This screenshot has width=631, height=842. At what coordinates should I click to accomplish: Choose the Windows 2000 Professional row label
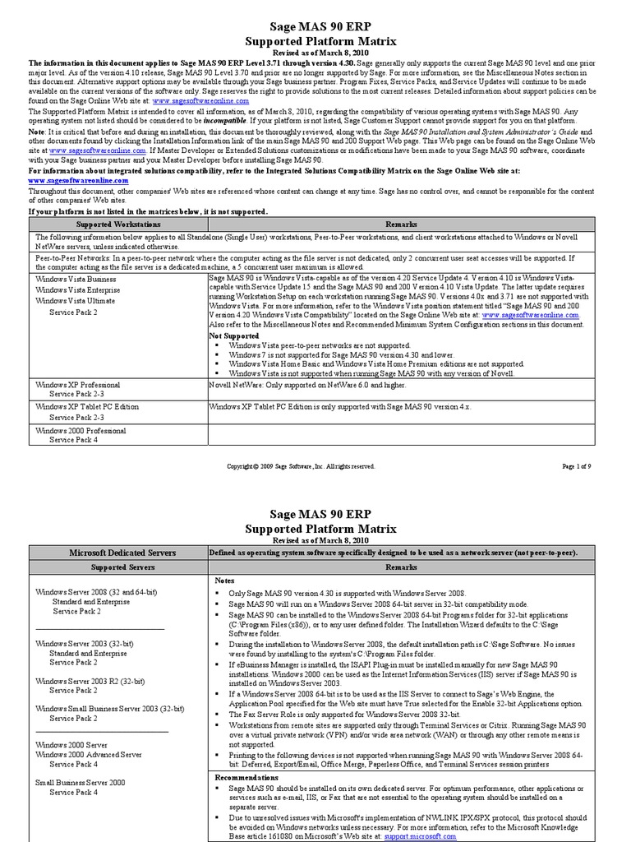[x=81, y=429]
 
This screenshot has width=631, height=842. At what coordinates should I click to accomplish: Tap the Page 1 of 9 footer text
[x=578, y=466]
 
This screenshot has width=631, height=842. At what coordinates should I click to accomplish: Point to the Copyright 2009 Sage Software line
[x=301, y=466]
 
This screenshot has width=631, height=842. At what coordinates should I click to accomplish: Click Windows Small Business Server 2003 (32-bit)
[x=110, y=708]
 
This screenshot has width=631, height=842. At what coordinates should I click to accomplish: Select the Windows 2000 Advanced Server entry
[x=89, y=754]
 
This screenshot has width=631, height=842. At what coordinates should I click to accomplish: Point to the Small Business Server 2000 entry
[x=80, y=783]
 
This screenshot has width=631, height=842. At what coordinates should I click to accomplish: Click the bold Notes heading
[x=225, y=580]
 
